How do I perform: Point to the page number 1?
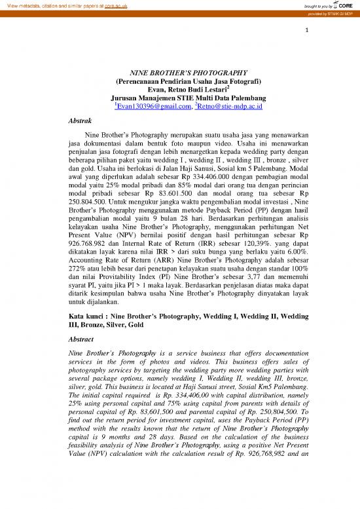(x=306, y=30)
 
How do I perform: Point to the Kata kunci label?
(x=88, y=316)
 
